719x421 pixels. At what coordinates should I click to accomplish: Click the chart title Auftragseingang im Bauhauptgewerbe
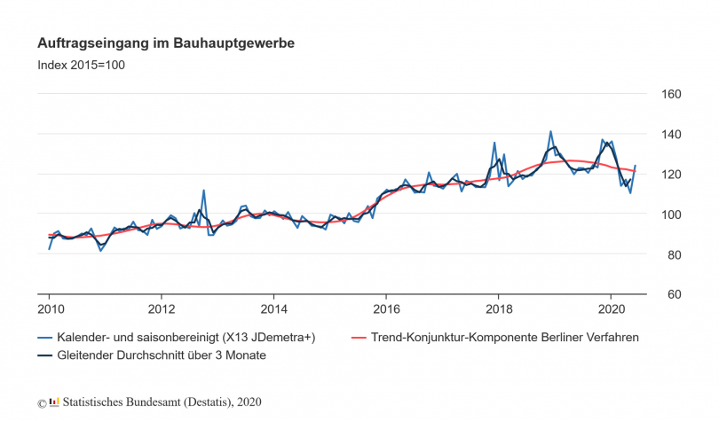pyautogui.click(x=166, y=43)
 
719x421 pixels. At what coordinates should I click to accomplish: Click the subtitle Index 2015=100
pyautogui.click(x=82, y=65)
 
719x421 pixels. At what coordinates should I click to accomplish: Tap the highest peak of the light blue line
pyautogui.click(x=550, y=131)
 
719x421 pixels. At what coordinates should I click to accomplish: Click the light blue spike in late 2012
pyautogui.click(x=204, y=190)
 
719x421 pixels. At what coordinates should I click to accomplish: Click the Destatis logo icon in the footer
pyautogui.click(x=54, y=402)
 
